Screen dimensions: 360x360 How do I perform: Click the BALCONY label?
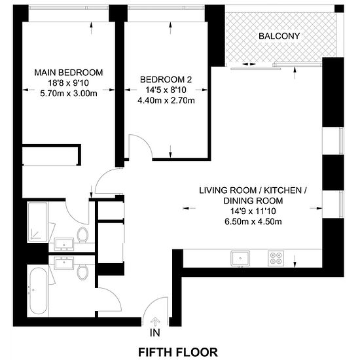[x=279, y=36]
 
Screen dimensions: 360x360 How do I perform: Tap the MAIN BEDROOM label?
[x=69, y=73]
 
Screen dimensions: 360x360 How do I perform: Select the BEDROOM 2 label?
[x=166, y=80]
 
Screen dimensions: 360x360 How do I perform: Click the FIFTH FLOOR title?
[x=178, y=352]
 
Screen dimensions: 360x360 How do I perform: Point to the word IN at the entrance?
[x=155, y=333]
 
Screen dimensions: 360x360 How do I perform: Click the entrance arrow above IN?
[x=155, y=321]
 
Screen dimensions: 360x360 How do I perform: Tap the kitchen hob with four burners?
[x=276, y=259]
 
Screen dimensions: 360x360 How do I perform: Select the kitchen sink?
[x=240, y=259]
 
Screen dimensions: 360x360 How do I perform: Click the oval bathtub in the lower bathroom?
[x=39, y=291]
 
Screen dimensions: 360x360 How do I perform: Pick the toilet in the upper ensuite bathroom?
[x=82, y=234]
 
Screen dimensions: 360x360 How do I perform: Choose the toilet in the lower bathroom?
[x=82, y=272]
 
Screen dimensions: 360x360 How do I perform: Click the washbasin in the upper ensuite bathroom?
[x=64, y=244]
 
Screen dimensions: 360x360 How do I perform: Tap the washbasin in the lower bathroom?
[x=64, y=263]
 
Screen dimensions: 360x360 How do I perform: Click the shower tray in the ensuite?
[x=38, y=222]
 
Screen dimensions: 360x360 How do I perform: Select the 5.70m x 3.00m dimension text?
[x=69, y=94]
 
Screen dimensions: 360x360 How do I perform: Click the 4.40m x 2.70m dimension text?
[x=166, y=101]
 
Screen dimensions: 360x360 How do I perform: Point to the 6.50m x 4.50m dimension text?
[x=253, y=221]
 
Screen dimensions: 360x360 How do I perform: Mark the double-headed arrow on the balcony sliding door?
[x=249, y=64]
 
